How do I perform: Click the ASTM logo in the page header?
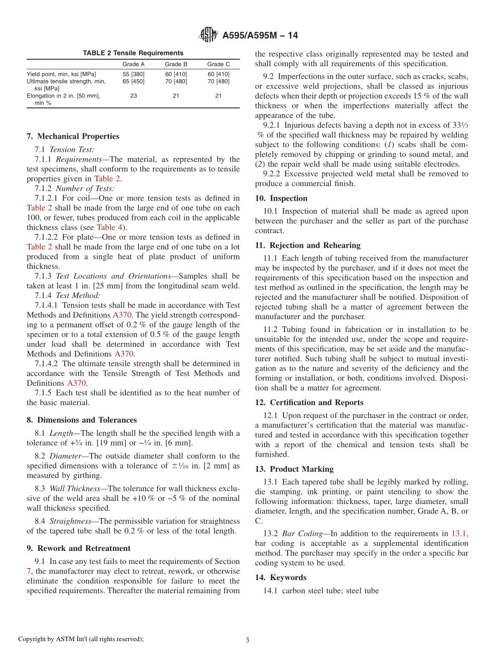(x=209, y=35)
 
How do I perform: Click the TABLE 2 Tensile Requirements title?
(x=133, y=53)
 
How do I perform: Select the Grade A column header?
(x=133, y=65)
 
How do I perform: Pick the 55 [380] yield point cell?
(x=133, y=74)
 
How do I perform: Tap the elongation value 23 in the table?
(x=133, y=96)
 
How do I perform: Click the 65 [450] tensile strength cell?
(x=133, y=81)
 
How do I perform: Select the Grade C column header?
(x=218, y=65)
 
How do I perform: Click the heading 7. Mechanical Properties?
(x=73, y=137)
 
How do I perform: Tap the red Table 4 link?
(x=110, y=227)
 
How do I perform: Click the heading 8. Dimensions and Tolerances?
(x=82, y=420)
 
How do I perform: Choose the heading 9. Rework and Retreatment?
(x=79, y=548)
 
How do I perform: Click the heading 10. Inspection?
(x=281, y=199)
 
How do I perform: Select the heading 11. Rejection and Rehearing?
(x=308, y=245)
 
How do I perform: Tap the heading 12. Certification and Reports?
(x=309, y=402)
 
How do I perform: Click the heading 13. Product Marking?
(x=294, y=469)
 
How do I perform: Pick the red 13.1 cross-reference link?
(x=459, y=534)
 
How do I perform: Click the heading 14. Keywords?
(x=281, y=578)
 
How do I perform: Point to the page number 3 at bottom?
(x=247, y=640)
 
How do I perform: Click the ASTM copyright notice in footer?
(x=81, y=639)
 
